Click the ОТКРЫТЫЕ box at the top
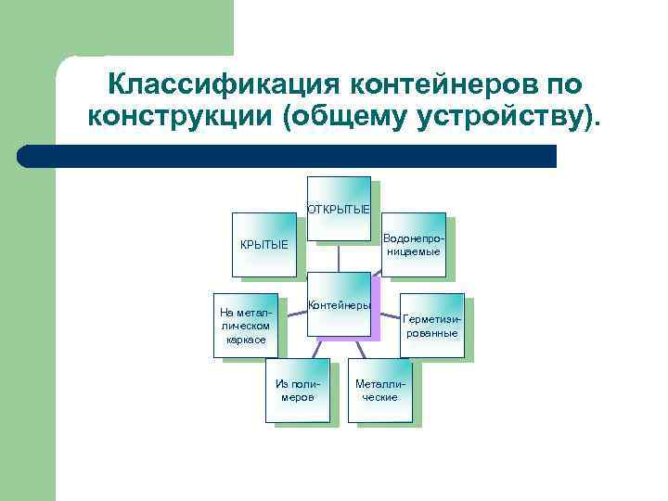click(x=339, y=209)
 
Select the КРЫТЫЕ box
click(x=264, y=245)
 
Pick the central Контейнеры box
click(x=339, y=304)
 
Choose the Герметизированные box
click(x=431, y=326)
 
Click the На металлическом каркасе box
click(x=246, y=326)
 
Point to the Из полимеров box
click(x=297, y=390)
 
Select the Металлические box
click(x=380, y=390)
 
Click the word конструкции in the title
click(x=173, y=118)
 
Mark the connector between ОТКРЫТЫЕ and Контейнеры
click(x=339, y=257)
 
